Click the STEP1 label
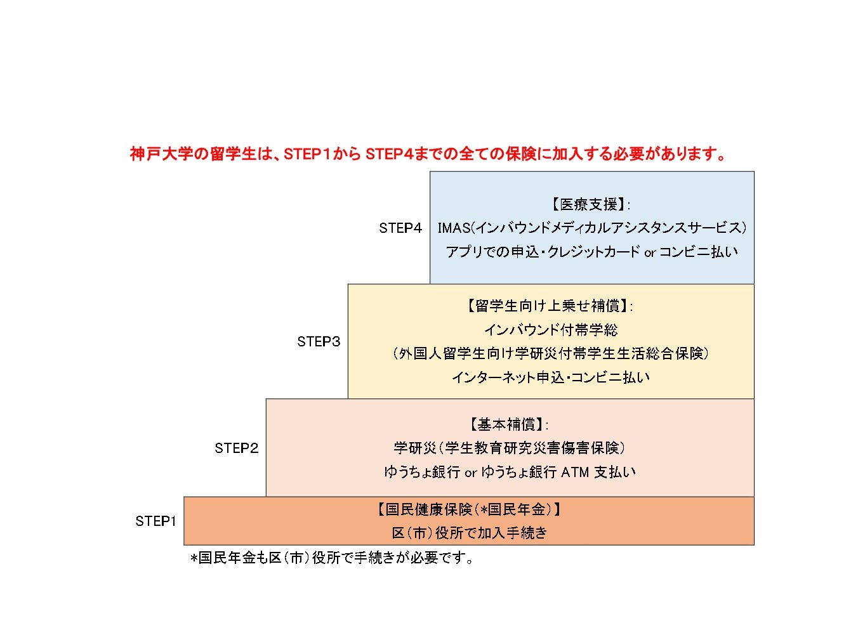(x=155, y=521)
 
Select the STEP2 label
(x=236, y=448)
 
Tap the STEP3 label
(x=319, y=341)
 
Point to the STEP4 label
(x=400, y=228)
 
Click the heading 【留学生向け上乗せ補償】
(x=548, y=306)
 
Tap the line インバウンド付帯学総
(x=551, y=330)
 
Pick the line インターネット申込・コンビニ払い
(x=551, y=377)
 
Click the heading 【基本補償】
(x=508, y=424)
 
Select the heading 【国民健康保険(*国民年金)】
(x=469, y=509)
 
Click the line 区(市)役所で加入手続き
(x=469, y=533)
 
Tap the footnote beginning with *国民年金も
(x=331, y=558)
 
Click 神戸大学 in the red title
(x=161, y=154)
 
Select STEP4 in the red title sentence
(x=388, y=154)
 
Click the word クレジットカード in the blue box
(x=593, y=252)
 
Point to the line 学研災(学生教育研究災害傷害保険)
(x=510, y=448)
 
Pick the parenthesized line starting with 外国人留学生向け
(x=551, y=353)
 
